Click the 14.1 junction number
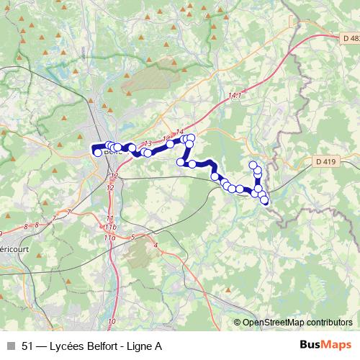235,95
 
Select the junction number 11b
109,226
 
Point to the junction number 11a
109,236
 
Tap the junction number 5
133,236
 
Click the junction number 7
68,211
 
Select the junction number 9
1,233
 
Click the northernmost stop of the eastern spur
253,166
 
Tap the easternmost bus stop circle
264,200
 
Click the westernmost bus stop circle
98,152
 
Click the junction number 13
148,143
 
